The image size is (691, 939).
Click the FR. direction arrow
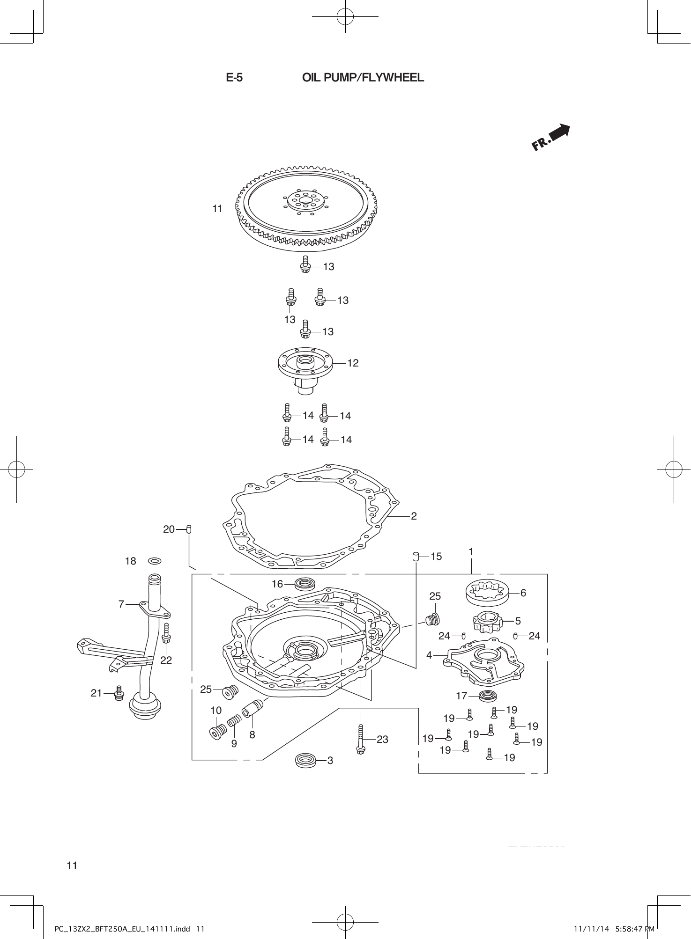(x=551, y=138)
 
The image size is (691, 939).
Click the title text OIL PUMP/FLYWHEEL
(x=363, y=78)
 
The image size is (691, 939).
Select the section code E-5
(x=234, y=78)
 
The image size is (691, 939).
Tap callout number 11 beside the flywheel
(x=217, y=209)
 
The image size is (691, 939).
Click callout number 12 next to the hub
(x=353, y=363)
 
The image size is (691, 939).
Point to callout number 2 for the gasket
(x=414, y=516)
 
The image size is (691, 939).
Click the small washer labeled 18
(x=155, y=561)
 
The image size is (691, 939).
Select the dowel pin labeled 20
(x=189, y=529)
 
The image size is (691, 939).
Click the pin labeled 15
(x=415, y=556)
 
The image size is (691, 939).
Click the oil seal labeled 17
(x=488, y=696)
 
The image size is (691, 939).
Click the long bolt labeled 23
(x=360, y=739)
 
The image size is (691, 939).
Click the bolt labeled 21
(x=119, y=693)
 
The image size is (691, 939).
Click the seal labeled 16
(x=305, y=584)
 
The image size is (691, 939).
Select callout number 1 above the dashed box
(x=471, y=552)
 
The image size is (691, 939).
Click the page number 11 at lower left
(x=72, y=866)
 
